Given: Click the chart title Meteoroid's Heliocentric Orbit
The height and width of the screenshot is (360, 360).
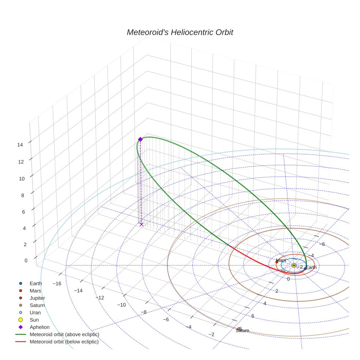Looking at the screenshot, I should pos(180,33).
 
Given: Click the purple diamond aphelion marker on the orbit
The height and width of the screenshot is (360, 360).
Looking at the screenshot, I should pos(140,139).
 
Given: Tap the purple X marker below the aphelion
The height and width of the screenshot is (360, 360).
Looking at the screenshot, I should pos(142,224).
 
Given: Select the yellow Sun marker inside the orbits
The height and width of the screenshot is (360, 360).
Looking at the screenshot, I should pos(294,265).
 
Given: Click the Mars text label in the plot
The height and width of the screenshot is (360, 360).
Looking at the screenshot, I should pos(281,260).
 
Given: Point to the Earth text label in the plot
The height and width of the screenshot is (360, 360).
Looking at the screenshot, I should pos(311,267).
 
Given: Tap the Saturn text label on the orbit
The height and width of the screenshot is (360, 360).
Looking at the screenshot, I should pos(242,331).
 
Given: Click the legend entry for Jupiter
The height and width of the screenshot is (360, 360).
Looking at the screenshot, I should pos(37,298).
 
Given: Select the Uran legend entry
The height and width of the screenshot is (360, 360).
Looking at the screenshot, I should pos(35,313).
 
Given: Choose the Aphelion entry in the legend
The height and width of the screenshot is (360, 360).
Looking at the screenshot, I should pos(39,327).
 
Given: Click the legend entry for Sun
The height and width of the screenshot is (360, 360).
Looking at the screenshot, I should pos(34,320).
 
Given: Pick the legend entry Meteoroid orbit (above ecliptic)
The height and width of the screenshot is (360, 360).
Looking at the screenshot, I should pos(64,335).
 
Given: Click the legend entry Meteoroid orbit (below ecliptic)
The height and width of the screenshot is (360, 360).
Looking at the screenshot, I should pos(64,342).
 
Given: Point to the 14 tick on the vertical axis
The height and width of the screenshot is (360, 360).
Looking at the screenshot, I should pos(20,145).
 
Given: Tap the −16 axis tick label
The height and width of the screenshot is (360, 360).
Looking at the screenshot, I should pos(57,284).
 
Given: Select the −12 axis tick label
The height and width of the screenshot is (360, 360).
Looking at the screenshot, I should pos(100,298).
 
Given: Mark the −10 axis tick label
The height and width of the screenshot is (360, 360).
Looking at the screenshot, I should pos(121,305).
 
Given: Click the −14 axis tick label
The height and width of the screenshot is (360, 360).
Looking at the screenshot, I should pos(78,290).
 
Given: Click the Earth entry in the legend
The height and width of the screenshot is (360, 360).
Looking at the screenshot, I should pos(35,284).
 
